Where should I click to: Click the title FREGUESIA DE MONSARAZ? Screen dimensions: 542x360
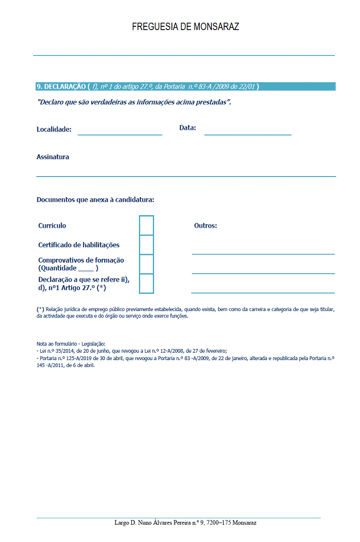coord(186,27)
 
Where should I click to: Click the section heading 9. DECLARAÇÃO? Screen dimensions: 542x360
coord(61,86)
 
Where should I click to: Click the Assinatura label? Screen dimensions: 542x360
coord(53,157)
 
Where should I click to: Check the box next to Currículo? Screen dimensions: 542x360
coord(147,225)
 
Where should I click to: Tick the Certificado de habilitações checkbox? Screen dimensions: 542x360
coord(147,245)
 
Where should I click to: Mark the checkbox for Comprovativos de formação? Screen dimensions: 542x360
coord(147,264)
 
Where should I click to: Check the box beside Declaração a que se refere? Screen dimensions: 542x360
coord(147,284)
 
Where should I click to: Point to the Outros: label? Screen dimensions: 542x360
coord(206,226)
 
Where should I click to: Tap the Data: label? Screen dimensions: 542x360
coord(188,128)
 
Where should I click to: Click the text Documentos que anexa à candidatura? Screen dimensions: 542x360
coord(95,200)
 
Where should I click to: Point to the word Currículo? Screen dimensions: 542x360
coord(52,226)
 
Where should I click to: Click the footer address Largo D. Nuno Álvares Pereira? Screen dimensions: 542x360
coord(185,522)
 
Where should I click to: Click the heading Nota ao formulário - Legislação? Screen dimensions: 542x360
coord(71,344)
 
